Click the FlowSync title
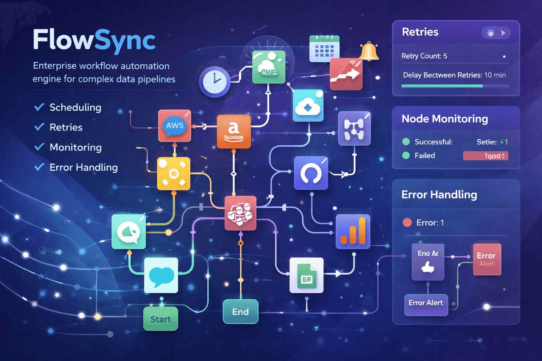point(94,40)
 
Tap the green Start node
point(161,319)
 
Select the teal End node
point(240,312)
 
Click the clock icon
point(215,81)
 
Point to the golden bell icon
point(369,51)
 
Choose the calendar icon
point(324,49)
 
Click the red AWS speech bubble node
point(175,126)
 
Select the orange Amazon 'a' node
point(234,131)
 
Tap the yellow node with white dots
point(173,173)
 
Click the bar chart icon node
point(353,231)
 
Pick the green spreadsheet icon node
point(306,275)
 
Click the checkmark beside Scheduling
point(39,107)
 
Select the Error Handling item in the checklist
point(83,167)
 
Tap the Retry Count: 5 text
point(424,56)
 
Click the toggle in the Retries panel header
point(496,33)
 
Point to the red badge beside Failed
point(486,156)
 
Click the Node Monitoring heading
point(445,119)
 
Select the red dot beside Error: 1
point(407,222)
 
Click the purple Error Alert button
point(426,303)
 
